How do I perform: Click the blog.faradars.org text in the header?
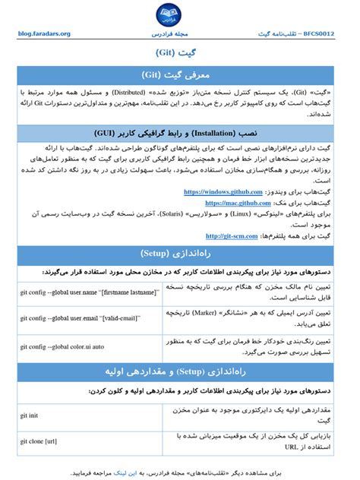[x=44, y=34]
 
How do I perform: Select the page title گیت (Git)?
[x=179, y=54]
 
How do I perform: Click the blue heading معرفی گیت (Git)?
[x=179, y=75]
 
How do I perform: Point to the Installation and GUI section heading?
[x=179, y=131]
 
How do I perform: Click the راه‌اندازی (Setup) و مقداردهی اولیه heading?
[x=179, y=371]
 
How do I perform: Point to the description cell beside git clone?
[x=254, y=441]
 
